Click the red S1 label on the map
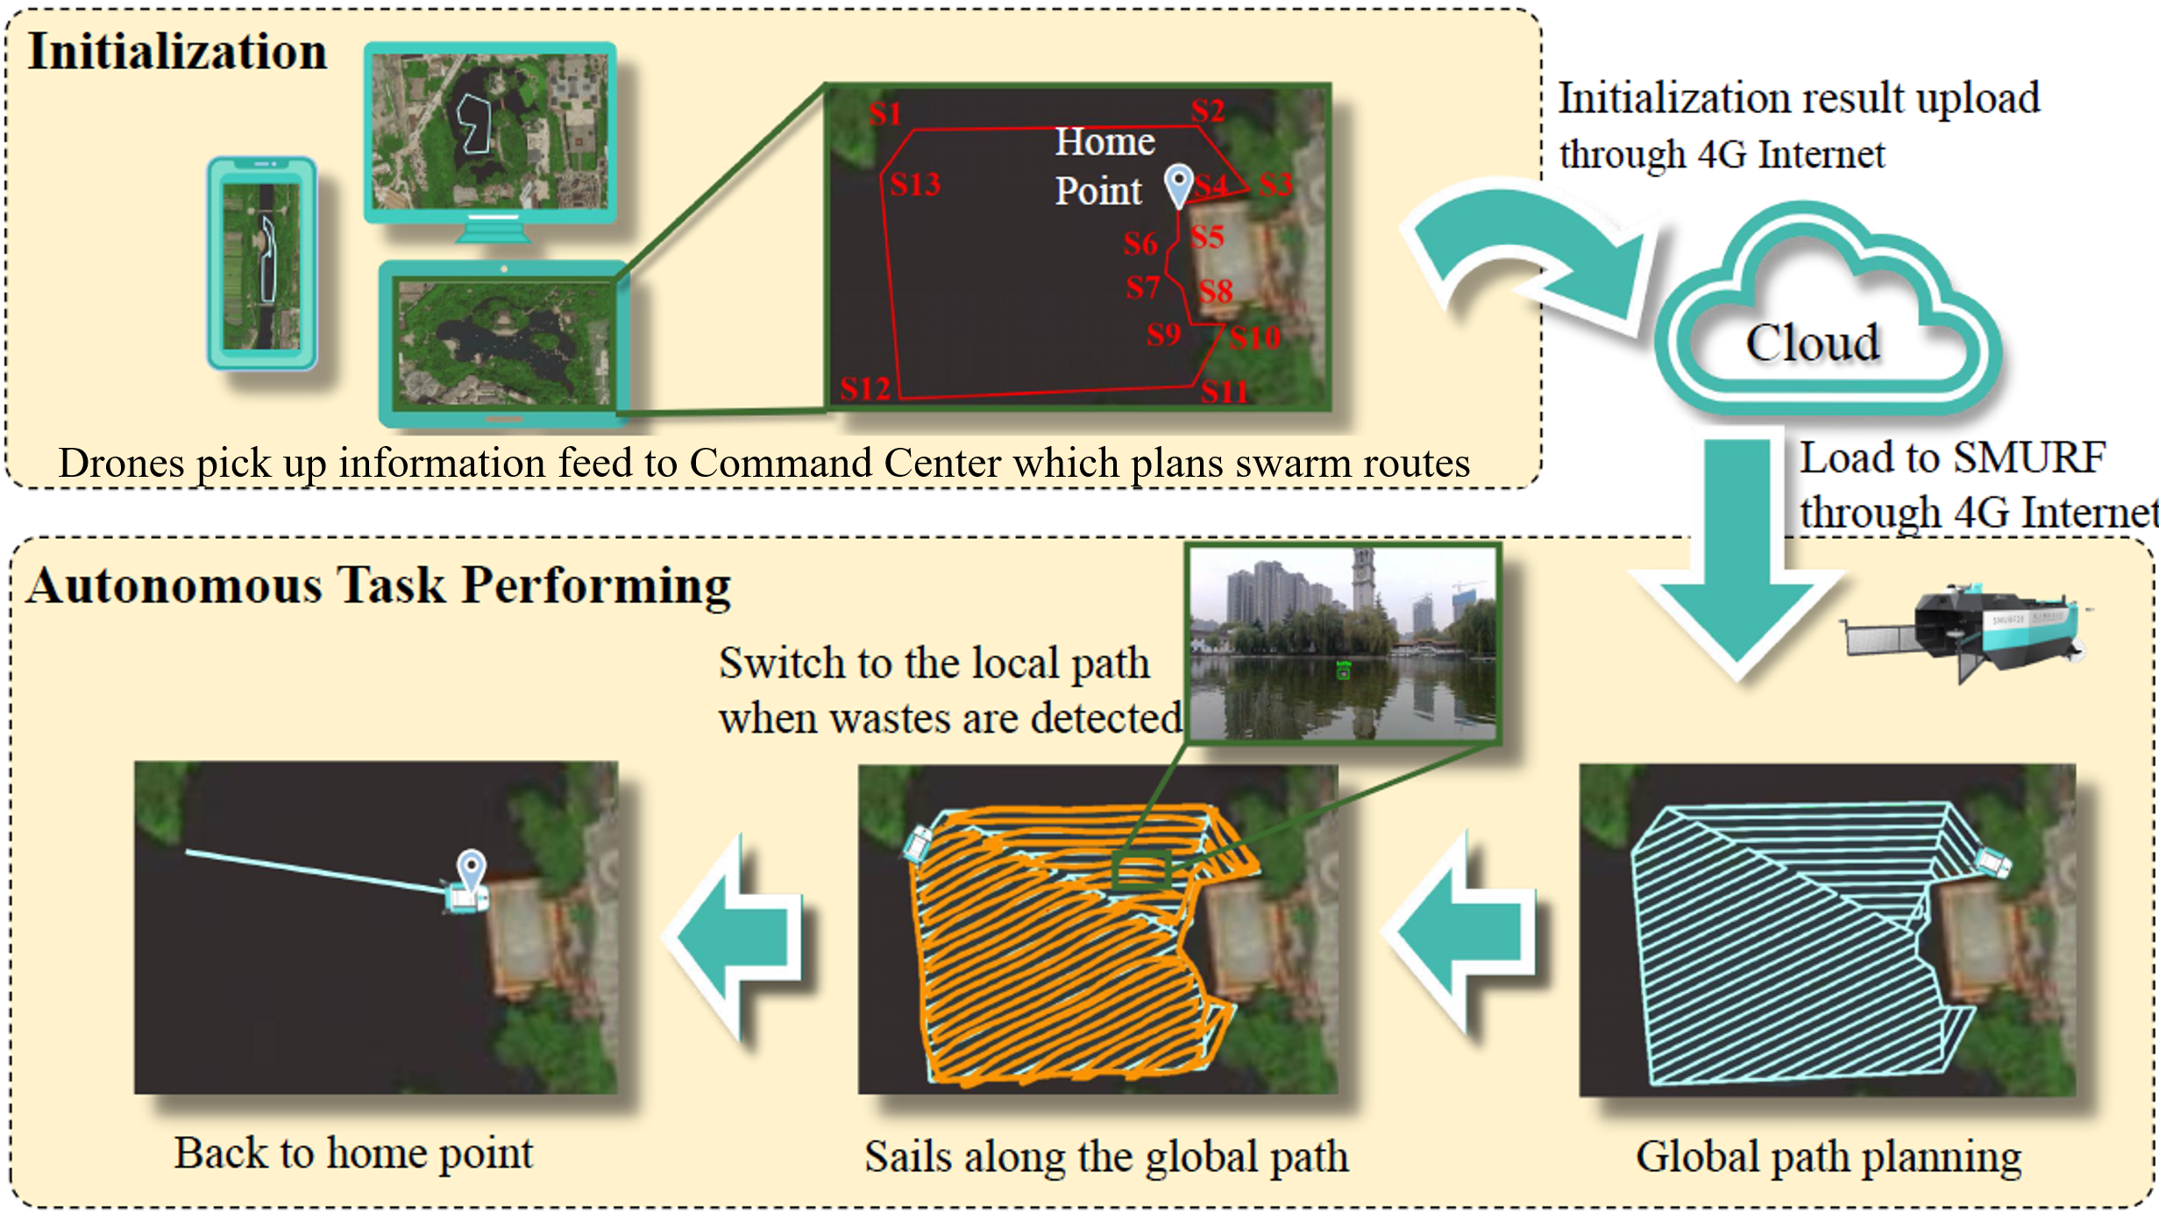[x=885, y=114]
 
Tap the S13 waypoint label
[x=915, y=184]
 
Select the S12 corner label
[x=865, y=388]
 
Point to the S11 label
[x=1225, y=391]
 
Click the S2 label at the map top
[x=1208, y=110]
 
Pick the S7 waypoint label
[x=1143, y=287]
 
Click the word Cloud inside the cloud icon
[x=1813, y=342]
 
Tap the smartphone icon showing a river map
[x=262, y=263]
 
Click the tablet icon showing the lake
[x=503, y=342]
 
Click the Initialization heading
[x=178, y=51]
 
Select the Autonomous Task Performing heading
[x=379, y=585]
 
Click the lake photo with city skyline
[x=1343, y=644]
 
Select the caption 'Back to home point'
[x=353, y=1153]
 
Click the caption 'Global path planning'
[x=1829, y=1156]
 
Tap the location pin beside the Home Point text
[x=1179, y=184]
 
